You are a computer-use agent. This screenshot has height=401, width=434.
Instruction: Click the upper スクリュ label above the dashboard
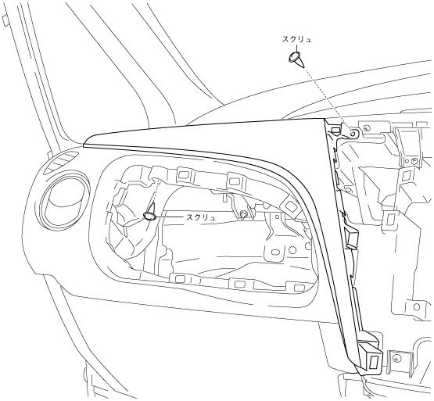click(296, 40)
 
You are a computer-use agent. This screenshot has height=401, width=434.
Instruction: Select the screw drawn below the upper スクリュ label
click(296, 59)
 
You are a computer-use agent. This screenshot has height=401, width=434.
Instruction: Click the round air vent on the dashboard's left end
click(64, 202)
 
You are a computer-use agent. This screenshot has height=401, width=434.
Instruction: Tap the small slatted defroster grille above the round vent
click(63, 163)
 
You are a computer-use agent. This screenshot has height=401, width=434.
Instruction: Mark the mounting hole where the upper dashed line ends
click(353, 134)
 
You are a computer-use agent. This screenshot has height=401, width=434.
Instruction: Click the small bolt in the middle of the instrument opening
click(243, 214)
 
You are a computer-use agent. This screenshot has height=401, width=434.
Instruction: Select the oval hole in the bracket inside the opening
click(274, 252)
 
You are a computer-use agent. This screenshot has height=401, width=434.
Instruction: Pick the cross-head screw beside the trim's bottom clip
click(398, 359)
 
